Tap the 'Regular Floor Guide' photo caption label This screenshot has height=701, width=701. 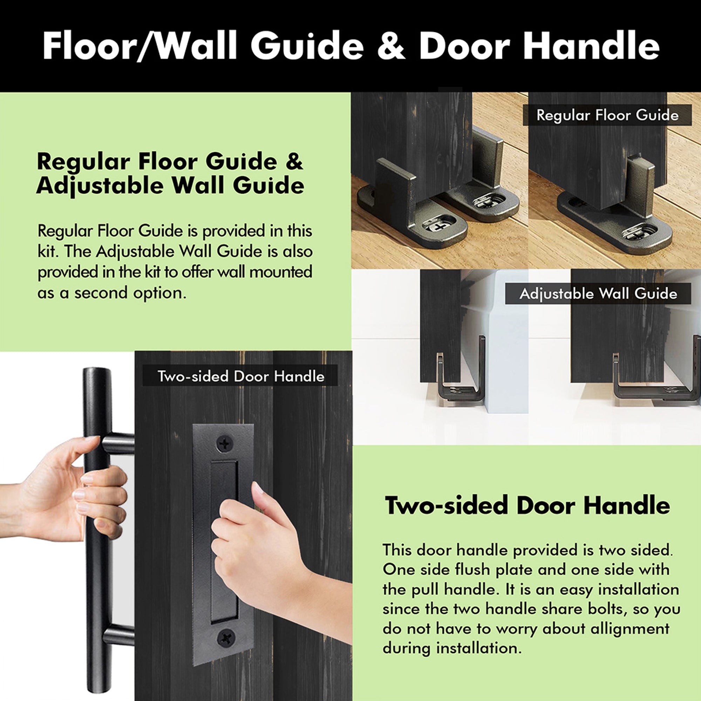coord(607,115)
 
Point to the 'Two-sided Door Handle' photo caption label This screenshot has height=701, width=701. coord(240,376)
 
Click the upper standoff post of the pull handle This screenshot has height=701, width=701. coord(118,443)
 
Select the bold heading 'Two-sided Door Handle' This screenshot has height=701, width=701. coord(527,505)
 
